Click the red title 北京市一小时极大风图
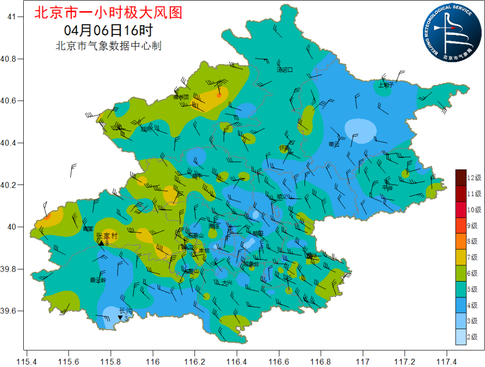tap(108, 12)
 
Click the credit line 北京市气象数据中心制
tap(108, 46)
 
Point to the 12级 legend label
tap(473, 177)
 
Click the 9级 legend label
tap(472, 225)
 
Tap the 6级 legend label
tap(472, 273)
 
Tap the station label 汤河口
tap(284, 69)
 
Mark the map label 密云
tap(334, 144)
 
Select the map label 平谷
tap(387, 187)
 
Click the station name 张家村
tap(107, 236)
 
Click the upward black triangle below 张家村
tap(101, 243)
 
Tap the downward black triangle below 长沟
tap(120, 318)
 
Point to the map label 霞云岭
tap(98, 280)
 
